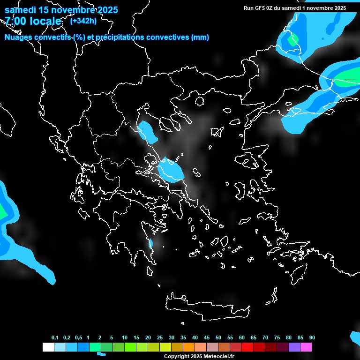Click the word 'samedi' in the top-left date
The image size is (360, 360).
pos(19,10)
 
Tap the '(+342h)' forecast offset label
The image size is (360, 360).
pos(83,21)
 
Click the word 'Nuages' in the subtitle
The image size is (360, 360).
pos(20,37)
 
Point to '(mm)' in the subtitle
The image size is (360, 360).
pos(200,37)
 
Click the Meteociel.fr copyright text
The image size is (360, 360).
pos(199,356)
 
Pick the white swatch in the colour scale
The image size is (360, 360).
pos(48,347)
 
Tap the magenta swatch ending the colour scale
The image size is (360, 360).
pos(306,347)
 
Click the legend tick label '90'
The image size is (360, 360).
pos(312,337)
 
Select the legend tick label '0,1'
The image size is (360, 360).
pos(55,337)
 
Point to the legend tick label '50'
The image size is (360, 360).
pos(218,337)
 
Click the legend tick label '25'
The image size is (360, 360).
pos(160,337)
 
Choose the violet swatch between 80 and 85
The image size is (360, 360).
pos(294,347)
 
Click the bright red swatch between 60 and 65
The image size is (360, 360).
pos(247,347)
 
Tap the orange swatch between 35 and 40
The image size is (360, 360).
pos(189,347)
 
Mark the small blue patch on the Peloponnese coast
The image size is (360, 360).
pos(151,244)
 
